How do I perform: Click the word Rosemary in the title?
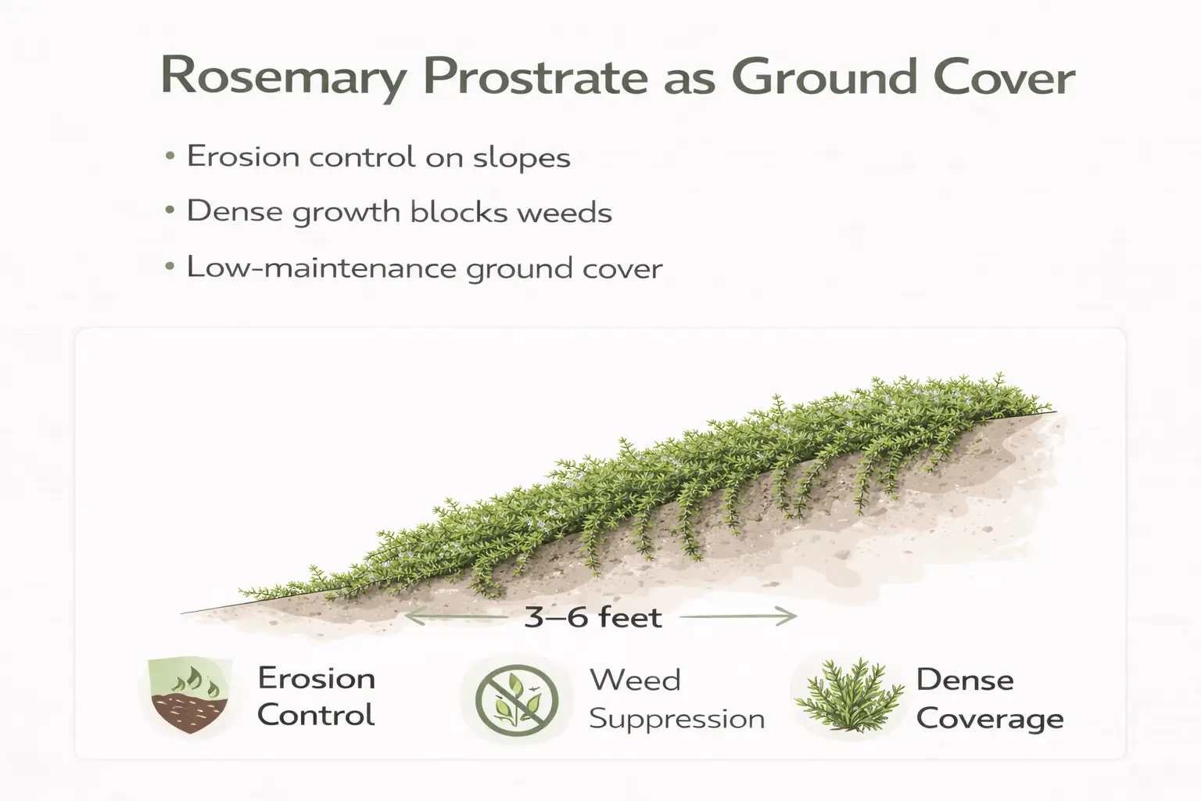283,77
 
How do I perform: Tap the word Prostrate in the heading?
535,77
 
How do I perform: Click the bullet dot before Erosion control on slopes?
170,156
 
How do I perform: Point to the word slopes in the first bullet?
522,157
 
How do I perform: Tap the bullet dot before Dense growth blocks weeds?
170,212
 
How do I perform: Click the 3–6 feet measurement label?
593,617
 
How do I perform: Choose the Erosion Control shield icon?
188,695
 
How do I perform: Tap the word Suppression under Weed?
676,718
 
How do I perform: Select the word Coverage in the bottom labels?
990,718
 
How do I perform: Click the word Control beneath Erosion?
316,715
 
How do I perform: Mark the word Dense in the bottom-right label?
965,679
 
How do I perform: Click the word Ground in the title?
824,77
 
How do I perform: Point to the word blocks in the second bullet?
459,212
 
